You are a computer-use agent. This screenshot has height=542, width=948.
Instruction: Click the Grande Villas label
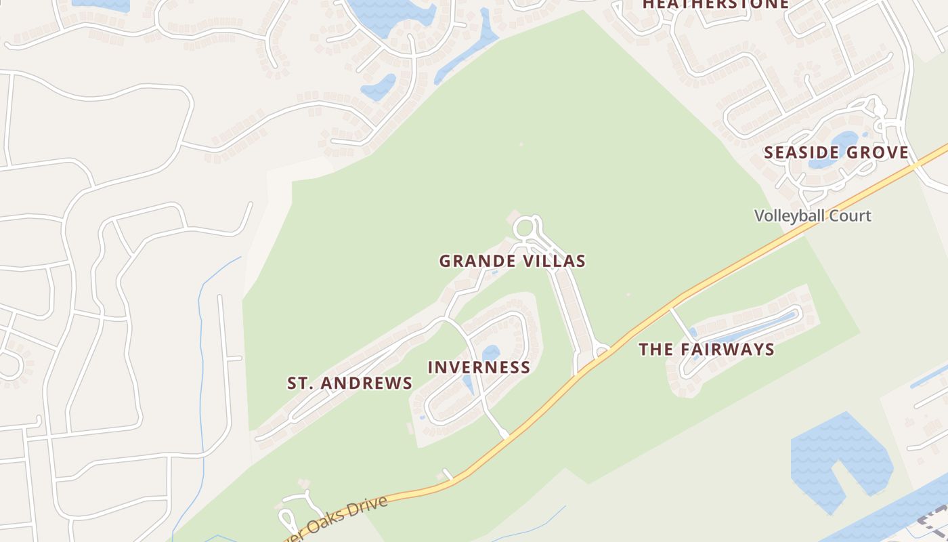(512, 261)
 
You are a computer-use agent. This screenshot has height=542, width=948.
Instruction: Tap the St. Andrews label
(349, 383)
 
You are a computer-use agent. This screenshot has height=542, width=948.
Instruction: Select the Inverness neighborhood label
(479, 367)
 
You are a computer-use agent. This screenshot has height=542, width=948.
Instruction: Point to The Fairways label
(706, 350)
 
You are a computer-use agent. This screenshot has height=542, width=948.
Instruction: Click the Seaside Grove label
(836, 152)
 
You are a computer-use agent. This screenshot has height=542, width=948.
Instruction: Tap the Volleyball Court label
(813, 216)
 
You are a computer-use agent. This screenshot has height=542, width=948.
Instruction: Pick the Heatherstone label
(715, 4)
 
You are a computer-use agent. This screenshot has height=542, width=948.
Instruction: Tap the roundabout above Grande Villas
(525, 228)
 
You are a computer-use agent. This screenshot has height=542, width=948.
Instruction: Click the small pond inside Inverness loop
(490, 353)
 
